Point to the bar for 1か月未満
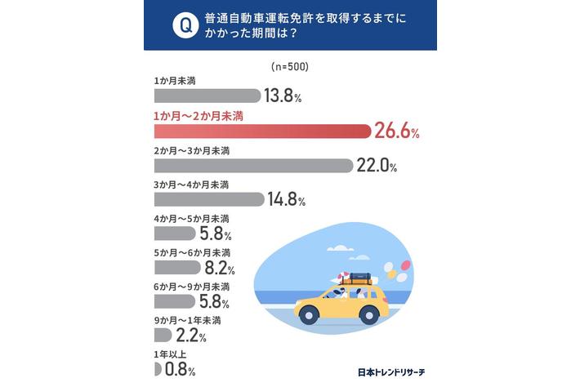[207, 96]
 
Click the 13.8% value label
[283, 96]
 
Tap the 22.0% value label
[377, 167]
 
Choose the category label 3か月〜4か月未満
[191, 185]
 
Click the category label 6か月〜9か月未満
[191, 287]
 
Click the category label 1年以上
[169, 354]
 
